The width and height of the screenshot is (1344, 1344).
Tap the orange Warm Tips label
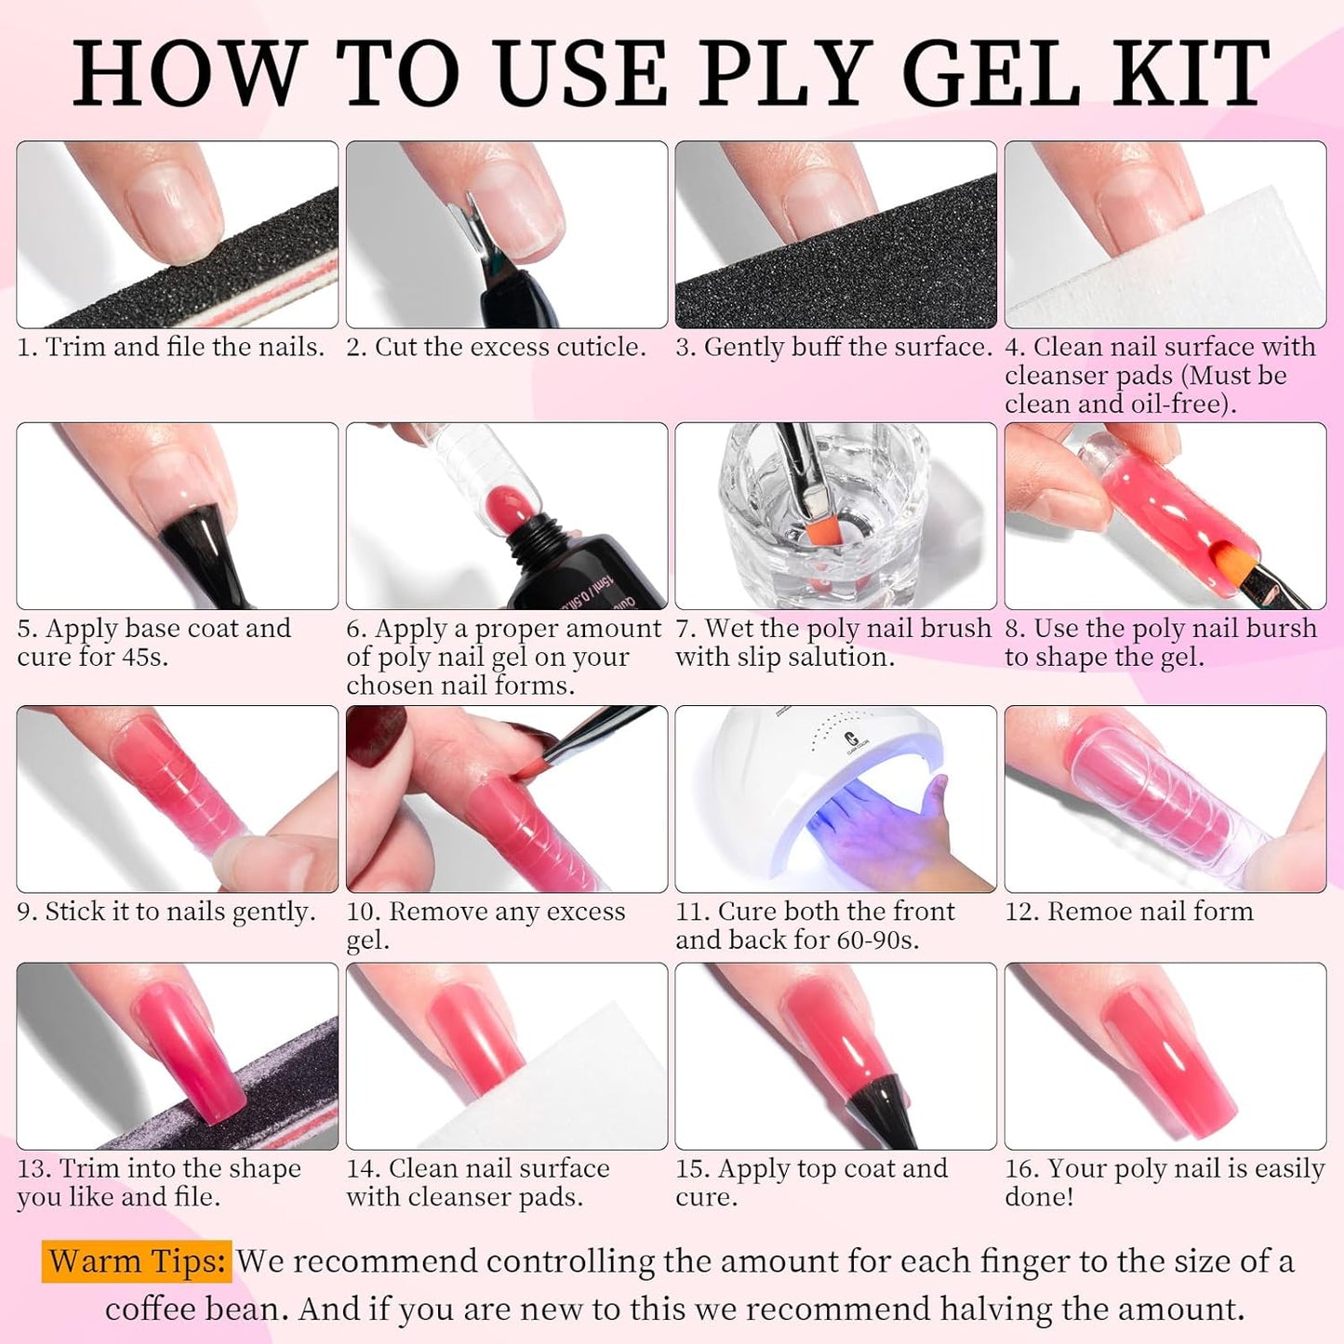(x=137, y=1261)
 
